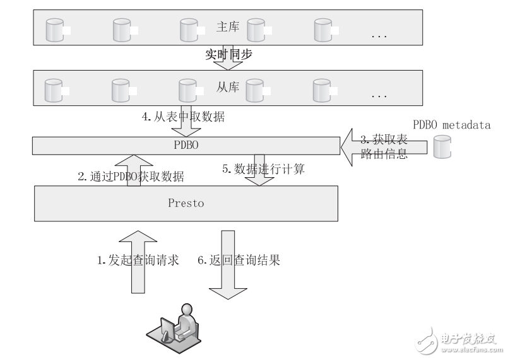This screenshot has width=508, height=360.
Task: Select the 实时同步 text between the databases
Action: point(229,55)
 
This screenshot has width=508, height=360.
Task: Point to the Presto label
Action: point(186,204)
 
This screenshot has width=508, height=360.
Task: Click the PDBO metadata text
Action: point(451,125)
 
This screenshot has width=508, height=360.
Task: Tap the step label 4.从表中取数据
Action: point(183,116)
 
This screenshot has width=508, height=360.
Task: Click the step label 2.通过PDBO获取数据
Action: point(131,177)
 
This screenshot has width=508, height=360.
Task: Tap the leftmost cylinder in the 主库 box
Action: point(54,29)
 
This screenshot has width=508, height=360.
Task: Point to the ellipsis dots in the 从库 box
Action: point(379,96)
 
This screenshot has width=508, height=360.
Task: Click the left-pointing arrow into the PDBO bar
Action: point(353,146)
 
